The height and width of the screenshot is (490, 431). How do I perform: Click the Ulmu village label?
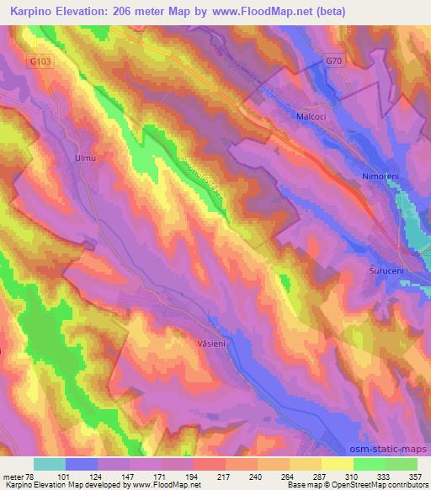click(85, 157)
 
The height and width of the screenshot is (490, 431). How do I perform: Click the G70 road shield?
click(335, 61)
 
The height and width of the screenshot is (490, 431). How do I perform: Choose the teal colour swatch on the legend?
click(51, 464)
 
